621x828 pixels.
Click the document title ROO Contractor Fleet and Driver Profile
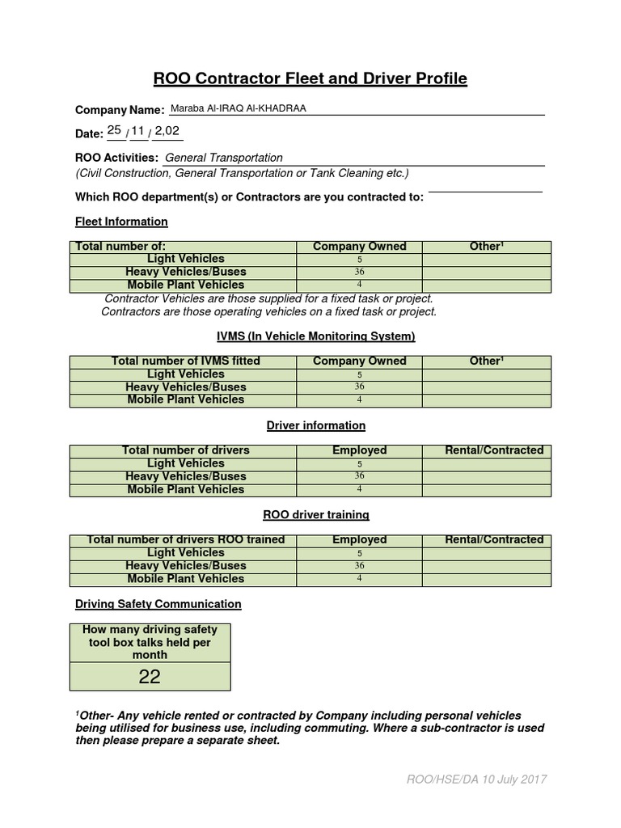[x=310, y=78]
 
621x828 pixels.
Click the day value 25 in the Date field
[x=114, y=130]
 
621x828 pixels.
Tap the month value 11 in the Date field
[x=139, y=130]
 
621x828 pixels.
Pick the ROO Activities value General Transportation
[x=224, y=158]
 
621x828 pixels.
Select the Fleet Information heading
[x=121, y=222]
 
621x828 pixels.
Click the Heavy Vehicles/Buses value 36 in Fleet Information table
[x=359, y=272]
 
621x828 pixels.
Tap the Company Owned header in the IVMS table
[x=359, y=361]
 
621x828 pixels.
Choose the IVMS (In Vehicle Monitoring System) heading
[x=310, y=336]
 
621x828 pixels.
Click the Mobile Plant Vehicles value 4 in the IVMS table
[x=359, y=400]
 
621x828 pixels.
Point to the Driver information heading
[x=316, y=425]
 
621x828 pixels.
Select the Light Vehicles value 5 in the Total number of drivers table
[x=359, y=464]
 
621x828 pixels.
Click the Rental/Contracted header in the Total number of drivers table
[x=494, y=450]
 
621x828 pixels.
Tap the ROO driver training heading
[x=316, y=514]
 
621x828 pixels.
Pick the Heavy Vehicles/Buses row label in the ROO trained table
[x=186, y=566]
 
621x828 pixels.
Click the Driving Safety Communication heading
[x=158, y=604]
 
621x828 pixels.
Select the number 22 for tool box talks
[x=150, y=677]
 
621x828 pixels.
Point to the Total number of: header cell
[x=120, y=247]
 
